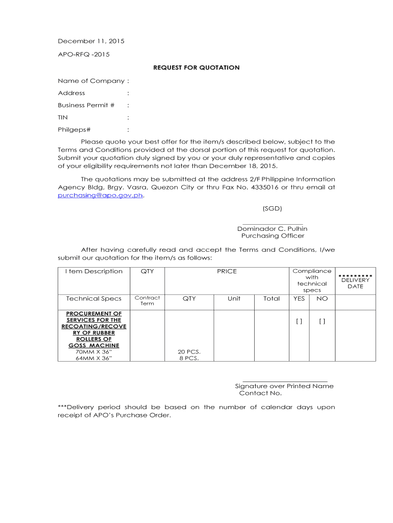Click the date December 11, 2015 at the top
click(x=91, y=41)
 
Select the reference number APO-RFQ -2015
click(x=84, y=54)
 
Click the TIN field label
click(x=63, y=117)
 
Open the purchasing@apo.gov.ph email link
click(x=100, y=195)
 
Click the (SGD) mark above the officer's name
click(x=272, y=208)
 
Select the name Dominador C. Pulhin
click(x=272, y=229)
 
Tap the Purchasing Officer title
click(x=273, y=236)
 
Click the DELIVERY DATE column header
click(x=355, y=283)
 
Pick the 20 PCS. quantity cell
click(x=189, y=352)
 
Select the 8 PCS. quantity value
click(x=189, y=359)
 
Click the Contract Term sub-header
click(x=147, y=300)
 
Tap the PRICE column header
click(x=227, y=271)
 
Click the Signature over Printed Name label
click(x=284, y=386)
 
